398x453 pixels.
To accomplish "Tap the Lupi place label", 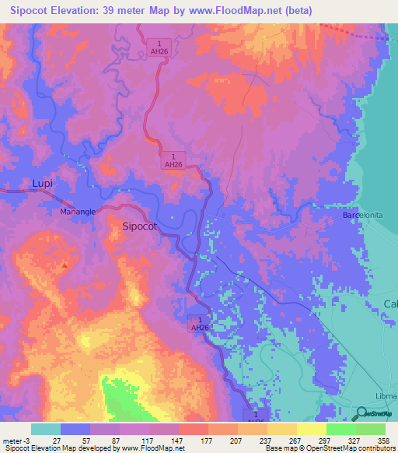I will (x=43, y=184).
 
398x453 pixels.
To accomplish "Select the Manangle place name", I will (x=78, y=211).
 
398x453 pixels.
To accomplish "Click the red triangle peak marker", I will (x=65, y=265).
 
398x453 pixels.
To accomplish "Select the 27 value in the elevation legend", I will (x=57, y=440).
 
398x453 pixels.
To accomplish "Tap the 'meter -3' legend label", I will (x=17, y=440).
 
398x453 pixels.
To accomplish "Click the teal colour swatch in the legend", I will (x=46, y=429).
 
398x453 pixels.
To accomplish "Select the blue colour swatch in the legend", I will (x=75, y=429).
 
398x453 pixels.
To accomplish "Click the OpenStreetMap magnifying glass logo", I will (x=361, y=413).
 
